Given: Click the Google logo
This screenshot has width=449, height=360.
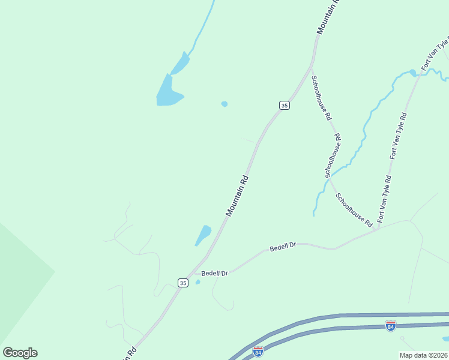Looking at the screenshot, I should [x=20, y=353].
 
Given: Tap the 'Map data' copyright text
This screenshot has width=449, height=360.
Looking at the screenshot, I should [x=423, y=355].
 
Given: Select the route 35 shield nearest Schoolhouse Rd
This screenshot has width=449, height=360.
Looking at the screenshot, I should [x=285, y=105].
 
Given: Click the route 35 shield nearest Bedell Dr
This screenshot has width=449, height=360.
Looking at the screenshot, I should [x=183, y=282].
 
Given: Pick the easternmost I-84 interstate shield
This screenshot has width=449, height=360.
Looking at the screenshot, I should [x=390, y=326].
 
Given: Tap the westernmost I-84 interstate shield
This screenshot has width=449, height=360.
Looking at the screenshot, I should [x=258, y=351].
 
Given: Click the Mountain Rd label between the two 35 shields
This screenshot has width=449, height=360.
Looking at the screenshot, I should [x=237, y=196].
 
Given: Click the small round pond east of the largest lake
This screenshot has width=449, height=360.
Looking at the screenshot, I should [x=224, y=104].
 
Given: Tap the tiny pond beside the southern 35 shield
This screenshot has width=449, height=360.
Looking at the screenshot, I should [x=197, y=282].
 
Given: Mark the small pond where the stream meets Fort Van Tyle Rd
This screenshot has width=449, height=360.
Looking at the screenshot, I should [x=413, y=73].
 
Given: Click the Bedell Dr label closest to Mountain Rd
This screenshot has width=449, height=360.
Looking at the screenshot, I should [x=214, y=274].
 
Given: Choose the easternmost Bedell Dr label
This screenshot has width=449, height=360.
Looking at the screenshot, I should [x=283, y=247].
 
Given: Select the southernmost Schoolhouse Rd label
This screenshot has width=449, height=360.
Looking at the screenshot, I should [x=354, y=209].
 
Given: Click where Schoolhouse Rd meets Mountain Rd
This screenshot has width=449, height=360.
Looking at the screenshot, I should [x=310, y=67].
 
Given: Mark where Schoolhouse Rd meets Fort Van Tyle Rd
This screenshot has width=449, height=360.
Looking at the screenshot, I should [x=376, y=229].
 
